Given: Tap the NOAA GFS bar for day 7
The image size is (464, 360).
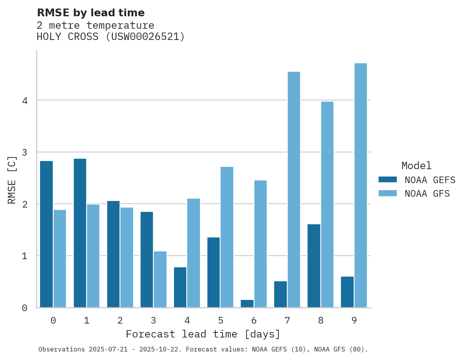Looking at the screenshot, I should (x=294, y=190).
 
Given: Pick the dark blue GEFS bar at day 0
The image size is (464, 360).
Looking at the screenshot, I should (x=46, y=234).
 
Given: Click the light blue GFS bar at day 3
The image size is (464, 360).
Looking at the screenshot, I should (x=160, y=279).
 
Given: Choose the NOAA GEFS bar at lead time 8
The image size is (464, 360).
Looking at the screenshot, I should (x=314, y=266).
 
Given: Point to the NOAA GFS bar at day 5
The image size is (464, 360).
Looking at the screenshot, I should (x=227, y=237).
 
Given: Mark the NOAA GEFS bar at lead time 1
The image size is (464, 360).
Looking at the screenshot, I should (x=80, y=233).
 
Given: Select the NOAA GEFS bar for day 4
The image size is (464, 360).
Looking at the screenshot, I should (x=180, y=287).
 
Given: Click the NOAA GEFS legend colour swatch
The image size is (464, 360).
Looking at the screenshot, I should (x=388, y=179).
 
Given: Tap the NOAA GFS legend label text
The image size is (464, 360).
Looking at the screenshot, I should (x=427, y=194).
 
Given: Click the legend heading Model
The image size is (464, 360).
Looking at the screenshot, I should (x=416, y=166).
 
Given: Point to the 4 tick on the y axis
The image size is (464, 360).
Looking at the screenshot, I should (x=24, y=100).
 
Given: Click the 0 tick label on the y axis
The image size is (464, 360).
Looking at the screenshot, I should (x=24, y=308).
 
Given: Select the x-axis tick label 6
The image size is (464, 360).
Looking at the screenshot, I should (x=254, y=320).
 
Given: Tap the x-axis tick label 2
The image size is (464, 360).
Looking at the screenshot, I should (x=120, y=320).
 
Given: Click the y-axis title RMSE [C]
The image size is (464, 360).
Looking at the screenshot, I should (x=12, y=180).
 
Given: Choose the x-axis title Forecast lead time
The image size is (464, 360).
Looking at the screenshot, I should (x=203, y=334).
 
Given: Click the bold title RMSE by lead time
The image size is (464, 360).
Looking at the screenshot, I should (x=90, y=13).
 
